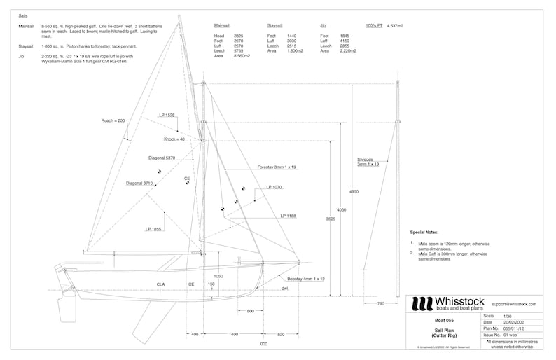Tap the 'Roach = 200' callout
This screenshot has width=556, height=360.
[113, 120]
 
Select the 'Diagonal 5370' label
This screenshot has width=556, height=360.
[162, 158]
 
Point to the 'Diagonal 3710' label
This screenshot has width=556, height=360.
[139, 183]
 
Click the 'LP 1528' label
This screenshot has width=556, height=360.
[167, 115]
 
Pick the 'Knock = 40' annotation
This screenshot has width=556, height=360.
[174, 139]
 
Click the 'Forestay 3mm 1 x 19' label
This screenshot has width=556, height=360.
[277, 167]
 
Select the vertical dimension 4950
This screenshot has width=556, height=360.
[354, 191]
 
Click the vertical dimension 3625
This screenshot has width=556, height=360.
[331, 219]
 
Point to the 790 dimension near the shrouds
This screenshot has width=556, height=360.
[381, 303]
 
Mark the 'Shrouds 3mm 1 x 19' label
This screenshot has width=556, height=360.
[368, 162]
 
